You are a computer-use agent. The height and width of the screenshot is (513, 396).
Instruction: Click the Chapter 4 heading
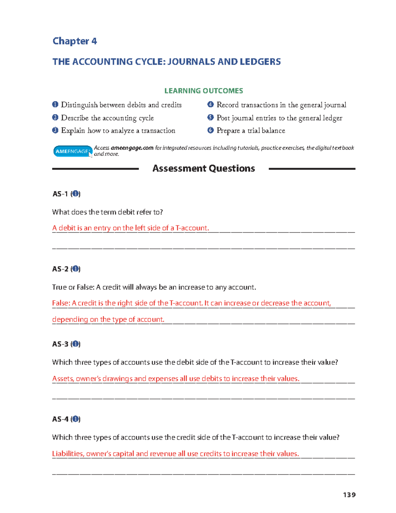tap(75, 41)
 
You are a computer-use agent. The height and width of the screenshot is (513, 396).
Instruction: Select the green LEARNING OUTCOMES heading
tap(204, 91)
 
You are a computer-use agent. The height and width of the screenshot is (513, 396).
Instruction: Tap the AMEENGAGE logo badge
tap(72, 151)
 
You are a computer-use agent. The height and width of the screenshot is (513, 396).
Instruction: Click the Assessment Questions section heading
tap(204, 168)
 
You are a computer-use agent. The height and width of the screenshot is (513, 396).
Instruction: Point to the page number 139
tap(349, 495)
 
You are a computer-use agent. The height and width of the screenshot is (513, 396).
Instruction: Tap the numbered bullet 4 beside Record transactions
tap(211, 105)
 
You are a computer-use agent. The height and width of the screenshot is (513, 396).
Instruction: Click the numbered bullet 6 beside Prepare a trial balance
tap(211, 130)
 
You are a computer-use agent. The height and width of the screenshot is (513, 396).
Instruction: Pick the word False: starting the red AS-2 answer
tap(61, 303)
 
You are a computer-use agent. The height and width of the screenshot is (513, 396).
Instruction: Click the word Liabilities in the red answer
tap(68, 454)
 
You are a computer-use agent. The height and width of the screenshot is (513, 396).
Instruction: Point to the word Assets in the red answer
tap(63, 379)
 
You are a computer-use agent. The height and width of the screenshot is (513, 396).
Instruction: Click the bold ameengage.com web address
tap(132, 148)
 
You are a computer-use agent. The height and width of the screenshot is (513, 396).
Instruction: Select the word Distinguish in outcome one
tap(79, 105)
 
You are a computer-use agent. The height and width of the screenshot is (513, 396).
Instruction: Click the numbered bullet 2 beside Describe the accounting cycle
tap(55, 118)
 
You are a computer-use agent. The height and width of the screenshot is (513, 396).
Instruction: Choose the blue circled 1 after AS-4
tap(76, 419)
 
